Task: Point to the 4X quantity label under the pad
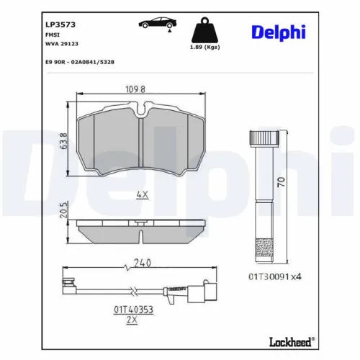[142, 194]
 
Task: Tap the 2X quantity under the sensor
[130, 320]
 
